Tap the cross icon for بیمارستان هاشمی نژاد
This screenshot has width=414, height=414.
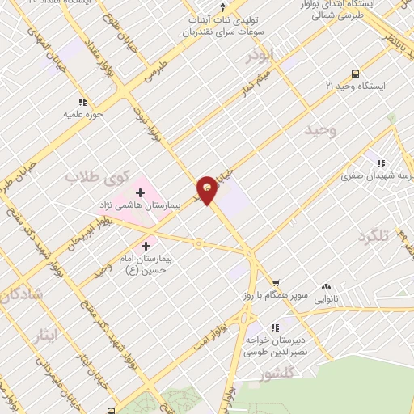[x=141, y=192]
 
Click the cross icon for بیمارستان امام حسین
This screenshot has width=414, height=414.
[x=146, y=246]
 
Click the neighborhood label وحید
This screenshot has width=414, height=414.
[x=319, y=129]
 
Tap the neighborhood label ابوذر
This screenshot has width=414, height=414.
[x=262, y=57]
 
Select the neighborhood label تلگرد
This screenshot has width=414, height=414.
[x=373, y=236]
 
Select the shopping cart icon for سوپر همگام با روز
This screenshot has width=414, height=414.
[x=277, y=284]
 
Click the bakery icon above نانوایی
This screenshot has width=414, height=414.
[x=327, y=287]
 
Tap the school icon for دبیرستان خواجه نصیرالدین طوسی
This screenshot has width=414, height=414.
[x=275, y=327]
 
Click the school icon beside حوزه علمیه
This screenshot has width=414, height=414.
[x=82, y=102]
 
